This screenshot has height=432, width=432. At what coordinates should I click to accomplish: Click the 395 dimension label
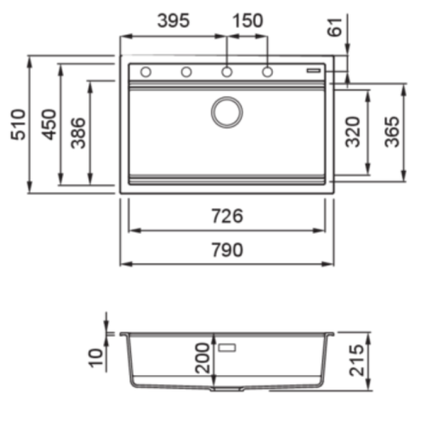click(173, 21)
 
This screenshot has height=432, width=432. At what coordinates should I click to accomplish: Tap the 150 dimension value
click(247, 21)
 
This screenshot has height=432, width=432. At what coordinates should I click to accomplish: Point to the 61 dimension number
click(335, 27)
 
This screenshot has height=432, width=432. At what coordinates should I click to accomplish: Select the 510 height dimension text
click(18, 124)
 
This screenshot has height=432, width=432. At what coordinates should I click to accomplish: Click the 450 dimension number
click(49, 124)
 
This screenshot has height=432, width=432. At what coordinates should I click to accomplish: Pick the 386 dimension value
click(78, 134)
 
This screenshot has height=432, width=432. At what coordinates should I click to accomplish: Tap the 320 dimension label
click(353, 132)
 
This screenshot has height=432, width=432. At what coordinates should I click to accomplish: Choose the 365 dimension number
click(392, 132)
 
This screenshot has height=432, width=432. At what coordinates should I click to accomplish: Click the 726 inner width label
click(227, 216)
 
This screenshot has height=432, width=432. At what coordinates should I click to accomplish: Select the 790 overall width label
click(227, 250)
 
